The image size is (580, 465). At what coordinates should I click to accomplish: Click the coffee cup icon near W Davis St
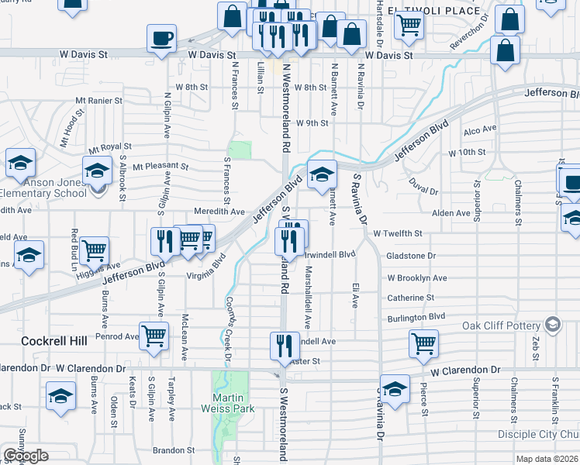point(161,38)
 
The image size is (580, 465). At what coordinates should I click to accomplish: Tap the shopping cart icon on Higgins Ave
point(94,250)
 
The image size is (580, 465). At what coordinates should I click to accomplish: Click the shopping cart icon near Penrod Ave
point(154,336)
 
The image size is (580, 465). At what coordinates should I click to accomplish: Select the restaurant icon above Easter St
point(285,345)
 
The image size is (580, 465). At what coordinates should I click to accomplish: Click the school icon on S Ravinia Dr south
point(395,390)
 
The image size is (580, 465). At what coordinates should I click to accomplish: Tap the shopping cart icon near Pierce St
point(423,343)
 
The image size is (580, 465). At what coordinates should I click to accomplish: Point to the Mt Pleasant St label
point(161,166)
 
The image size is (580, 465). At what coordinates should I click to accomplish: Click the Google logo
point(26,456)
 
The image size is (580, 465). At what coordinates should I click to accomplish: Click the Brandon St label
point(174,450)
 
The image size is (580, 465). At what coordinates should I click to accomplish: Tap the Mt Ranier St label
point(99,101)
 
